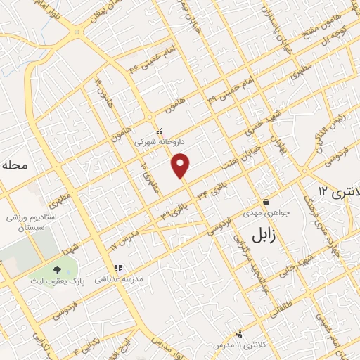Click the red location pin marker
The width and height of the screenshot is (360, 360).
[181, 165]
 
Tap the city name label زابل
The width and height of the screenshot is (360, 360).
[258, 234]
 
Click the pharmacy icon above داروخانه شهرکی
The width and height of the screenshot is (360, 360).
[160, 130]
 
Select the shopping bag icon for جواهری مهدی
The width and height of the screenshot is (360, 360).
[265, 202]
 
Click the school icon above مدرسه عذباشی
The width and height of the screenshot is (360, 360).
[118, 268]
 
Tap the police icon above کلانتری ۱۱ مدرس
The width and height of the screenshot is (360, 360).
[239, 334]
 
